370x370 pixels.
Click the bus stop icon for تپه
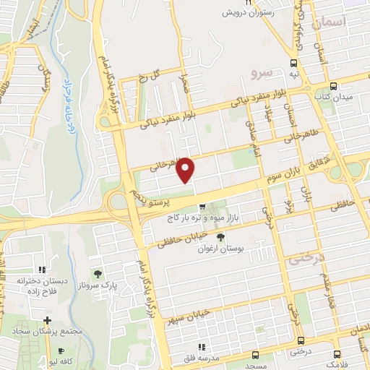click(293, 63)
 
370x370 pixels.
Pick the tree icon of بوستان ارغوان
click(220, 237)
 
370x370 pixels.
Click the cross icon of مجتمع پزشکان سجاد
click(47, 319)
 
